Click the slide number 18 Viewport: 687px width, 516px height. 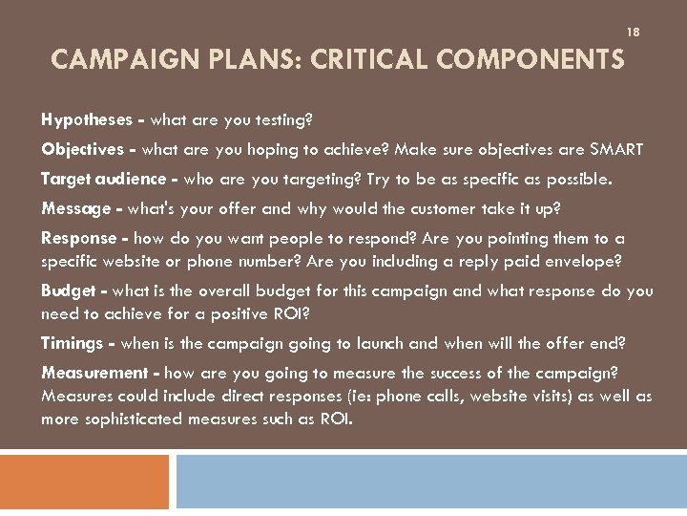tap(633, 32)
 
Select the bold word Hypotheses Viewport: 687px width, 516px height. tap(86, 120)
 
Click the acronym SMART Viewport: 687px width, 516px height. tap(616, 150)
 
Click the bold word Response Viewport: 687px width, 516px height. tap(78, 239)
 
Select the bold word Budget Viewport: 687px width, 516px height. tap(69, 291)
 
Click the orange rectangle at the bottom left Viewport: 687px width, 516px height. tap(84, 482)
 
